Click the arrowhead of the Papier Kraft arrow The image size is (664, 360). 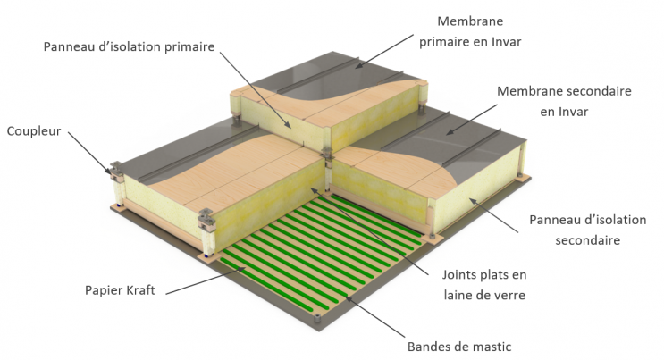point(248,267)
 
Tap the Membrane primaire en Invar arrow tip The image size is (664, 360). point(354,65)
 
